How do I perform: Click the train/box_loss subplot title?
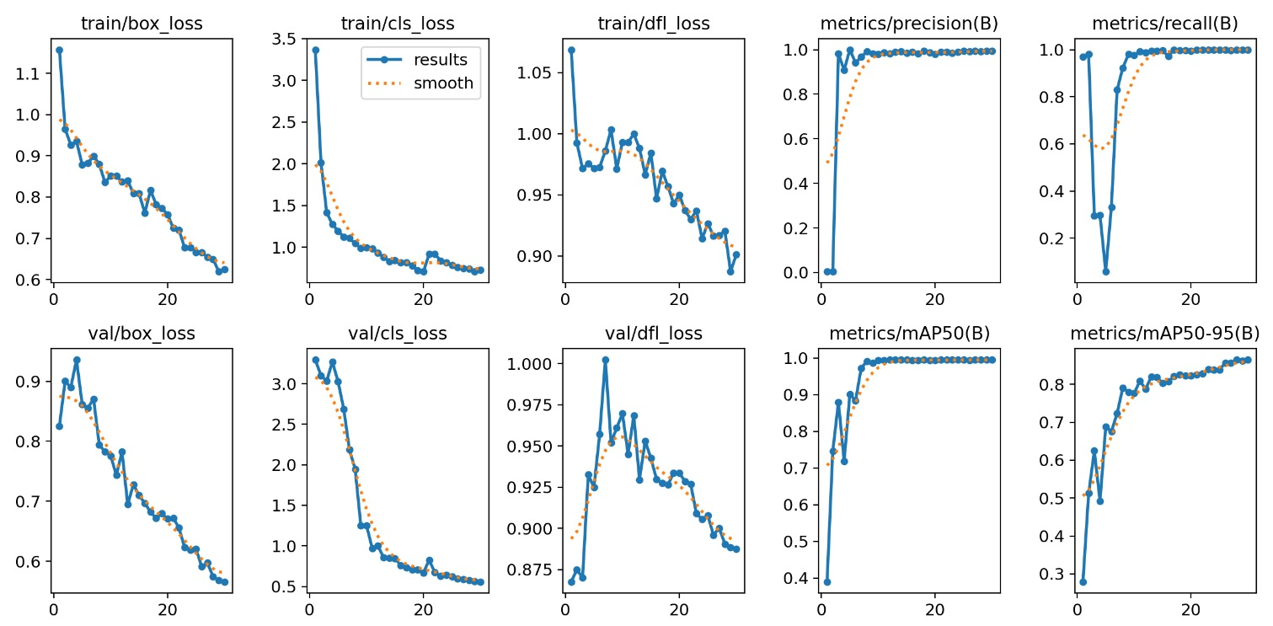tap(142, 24)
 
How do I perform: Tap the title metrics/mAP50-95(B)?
tap(1164, 334)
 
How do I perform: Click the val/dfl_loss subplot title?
tap(654, 334)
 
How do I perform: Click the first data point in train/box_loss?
tap(59, 50)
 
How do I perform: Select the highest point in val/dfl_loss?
tap(605, 360)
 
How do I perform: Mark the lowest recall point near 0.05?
tap(1105, 271)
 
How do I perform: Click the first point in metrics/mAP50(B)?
tap(827, 582)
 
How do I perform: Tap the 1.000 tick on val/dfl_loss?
tap(525, 364)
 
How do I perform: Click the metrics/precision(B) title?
tap(908, 24)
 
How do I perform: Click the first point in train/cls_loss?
tap(315, 50)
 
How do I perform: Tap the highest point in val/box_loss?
tap(77, 360)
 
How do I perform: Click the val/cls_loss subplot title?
tap(398, 334)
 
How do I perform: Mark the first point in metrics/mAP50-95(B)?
tap(1083, 582)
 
